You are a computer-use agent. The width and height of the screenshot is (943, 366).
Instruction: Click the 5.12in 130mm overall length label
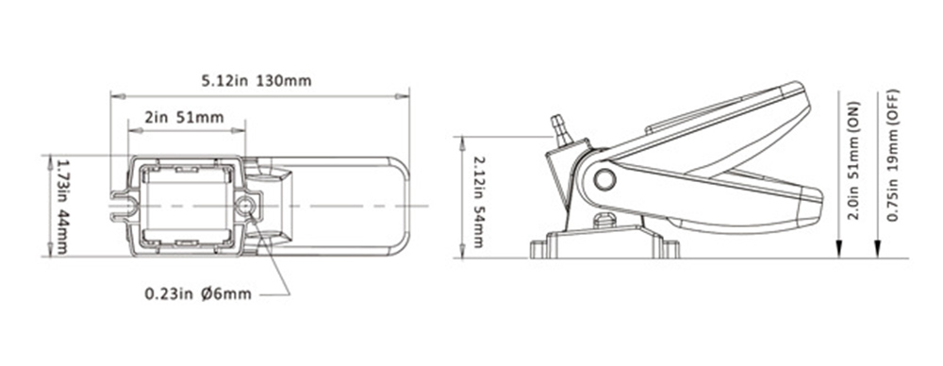tap(256, 80)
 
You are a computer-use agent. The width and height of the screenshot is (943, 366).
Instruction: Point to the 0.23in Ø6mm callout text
tap(198, 294)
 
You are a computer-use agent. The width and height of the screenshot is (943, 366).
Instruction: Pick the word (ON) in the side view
tap(853, 113)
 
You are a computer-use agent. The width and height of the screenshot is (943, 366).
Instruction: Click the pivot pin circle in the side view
tap(604, 179)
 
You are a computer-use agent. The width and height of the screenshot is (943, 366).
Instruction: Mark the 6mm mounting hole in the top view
tap(247, 206)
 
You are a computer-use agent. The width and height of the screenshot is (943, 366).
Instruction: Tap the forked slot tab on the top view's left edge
tap(121, 207)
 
